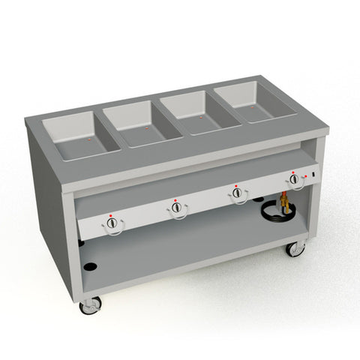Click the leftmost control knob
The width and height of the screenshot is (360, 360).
click(x=112, y=223)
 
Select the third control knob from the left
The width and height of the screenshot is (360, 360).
click(x=238, y=193)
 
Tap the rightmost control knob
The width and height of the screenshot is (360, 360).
click(x=294, y=179)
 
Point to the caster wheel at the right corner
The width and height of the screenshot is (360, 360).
click(x=295, y=248)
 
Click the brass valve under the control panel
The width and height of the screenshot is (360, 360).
click(x=283, y=201)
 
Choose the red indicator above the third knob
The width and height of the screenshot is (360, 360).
click(x=236, y=184)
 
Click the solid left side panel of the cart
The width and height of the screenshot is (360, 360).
click(x=52, y=202)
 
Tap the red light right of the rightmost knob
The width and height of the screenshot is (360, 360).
click(x=304, y=176)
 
